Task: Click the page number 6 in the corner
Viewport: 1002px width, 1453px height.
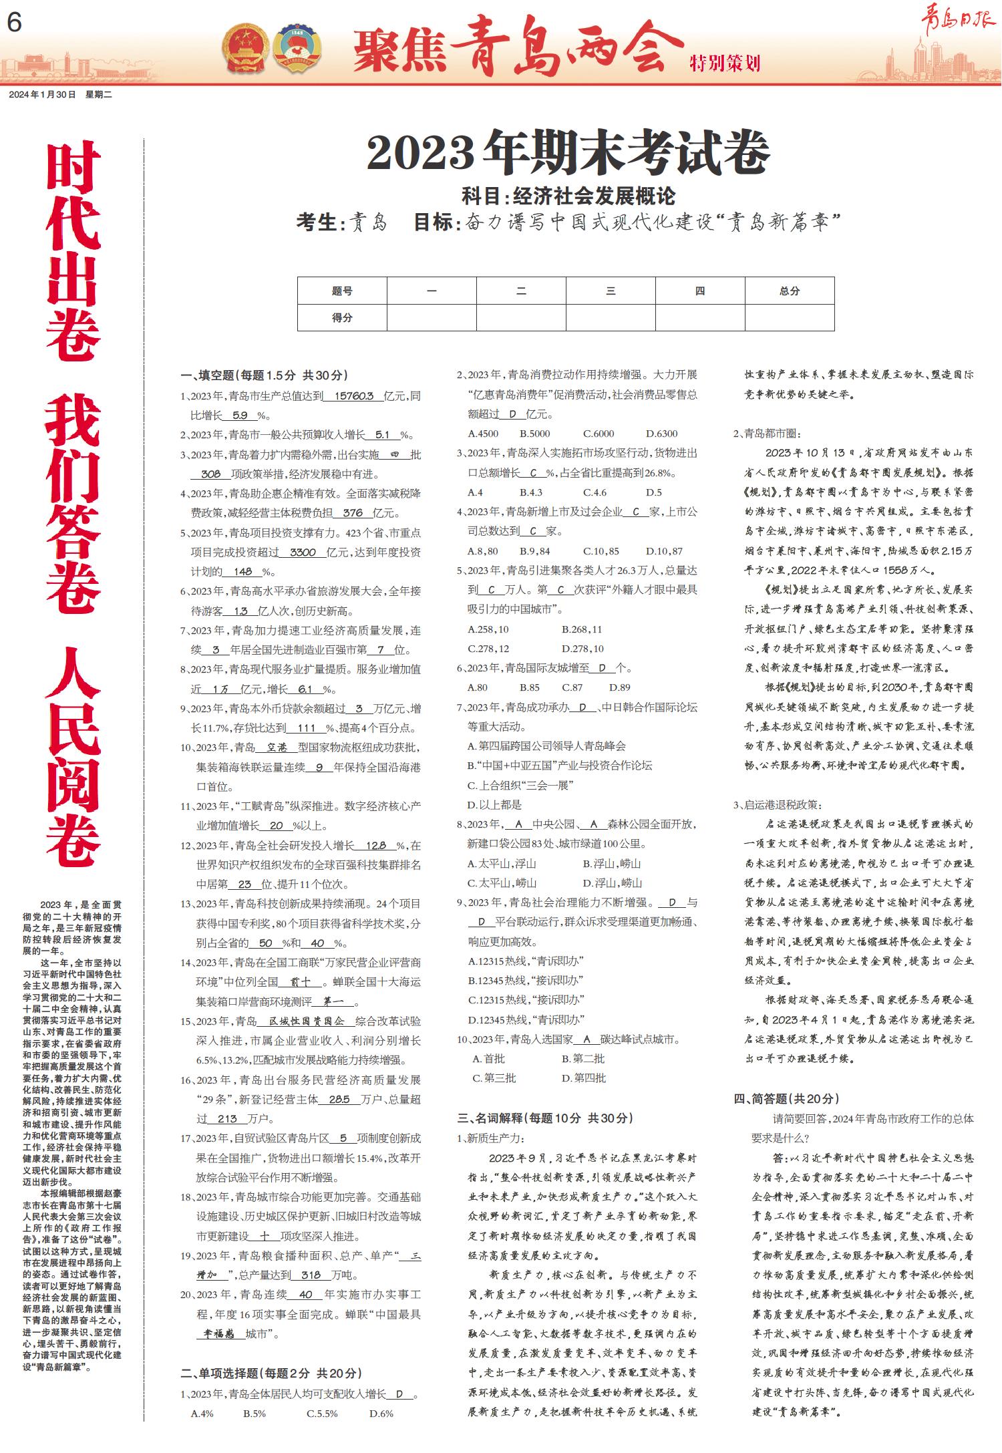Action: point(14,23)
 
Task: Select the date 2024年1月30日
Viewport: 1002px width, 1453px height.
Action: point(43,95)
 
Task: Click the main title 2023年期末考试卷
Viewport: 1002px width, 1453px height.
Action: point(568,152)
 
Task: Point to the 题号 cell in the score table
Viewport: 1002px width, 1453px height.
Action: point(342,291)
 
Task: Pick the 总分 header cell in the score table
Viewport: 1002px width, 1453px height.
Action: point(790,291)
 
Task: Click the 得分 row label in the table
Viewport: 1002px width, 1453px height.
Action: point(342,318)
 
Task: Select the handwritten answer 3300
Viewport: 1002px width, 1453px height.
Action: point(303,552)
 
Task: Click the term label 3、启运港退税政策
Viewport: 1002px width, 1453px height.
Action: point(778,805)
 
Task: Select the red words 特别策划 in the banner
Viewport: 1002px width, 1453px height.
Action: point(725,64)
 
